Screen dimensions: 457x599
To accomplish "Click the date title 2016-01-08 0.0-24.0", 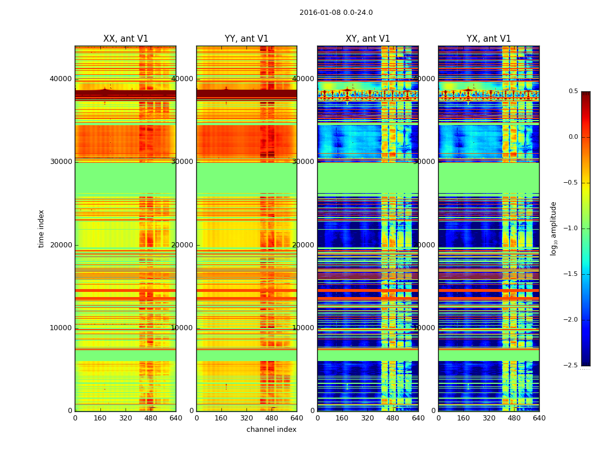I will tap(336, 13).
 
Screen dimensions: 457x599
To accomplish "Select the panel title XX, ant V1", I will tap(126, 39).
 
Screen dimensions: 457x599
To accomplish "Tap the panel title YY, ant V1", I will tap(246, 39).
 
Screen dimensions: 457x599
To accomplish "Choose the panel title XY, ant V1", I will tap(368, 39).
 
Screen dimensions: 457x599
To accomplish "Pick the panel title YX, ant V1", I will tap(489, 39).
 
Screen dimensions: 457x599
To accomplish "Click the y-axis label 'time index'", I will tap(41, 228).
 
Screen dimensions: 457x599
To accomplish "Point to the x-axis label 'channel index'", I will tap(272, 430).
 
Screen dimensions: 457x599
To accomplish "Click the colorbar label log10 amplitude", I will tap(553, 228).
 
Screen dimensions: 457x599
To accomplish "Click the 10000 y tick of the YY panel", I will tap(183, 328).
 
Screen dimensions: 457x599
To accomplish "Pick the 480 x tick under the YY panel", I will tap(272, 418).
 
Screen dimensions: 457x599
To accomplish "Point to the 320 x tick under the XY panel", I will tap(368, 418).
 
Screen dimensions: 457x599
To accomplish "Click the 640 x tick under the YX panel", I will tap(539, 418).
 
